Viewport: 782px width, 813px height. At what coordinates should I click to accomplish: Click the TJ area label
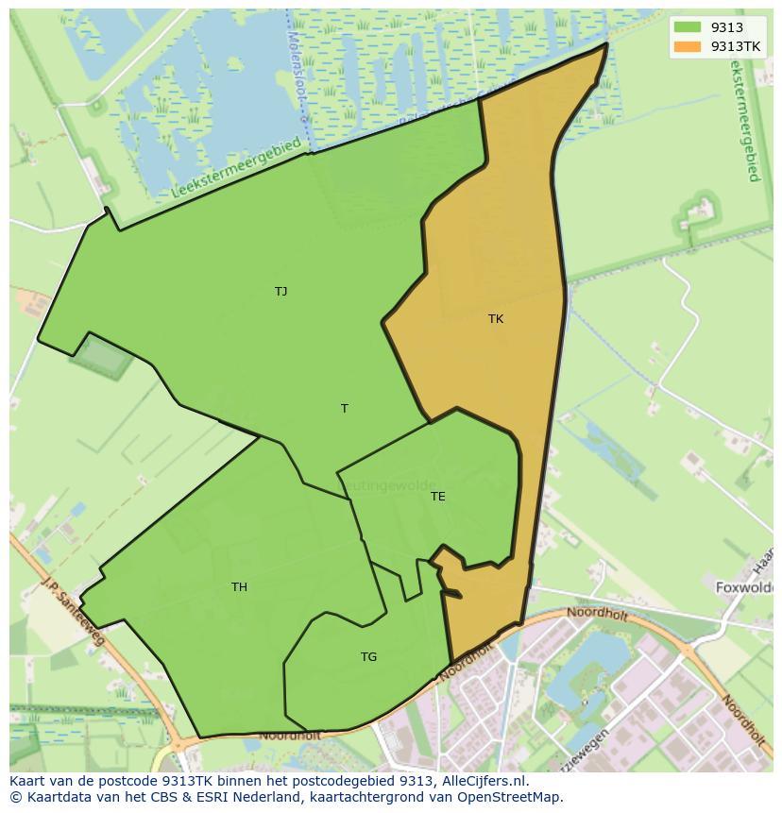280,292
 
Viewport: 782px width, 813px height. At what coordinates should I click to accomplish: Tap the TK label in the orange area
496,319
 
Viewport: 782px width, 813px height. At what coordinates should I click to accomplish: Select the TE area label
437,497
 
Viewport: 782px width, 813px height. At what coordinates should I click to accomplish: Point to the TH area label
239,587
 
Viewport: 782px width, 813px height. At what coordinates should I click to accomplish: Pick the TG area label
368,657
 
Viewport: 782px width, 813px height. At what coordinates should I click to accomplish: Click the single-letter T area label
345,409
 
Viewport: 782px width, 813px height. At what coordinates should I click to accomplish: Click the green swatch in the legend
688,27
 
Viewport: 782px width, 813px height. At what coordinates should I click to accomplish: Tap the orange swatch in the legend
688,46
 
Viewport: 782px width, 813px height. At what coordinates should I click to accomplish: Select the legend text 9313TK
736,46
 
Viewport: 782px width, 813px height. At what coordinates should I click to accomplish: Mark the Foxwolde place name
744,586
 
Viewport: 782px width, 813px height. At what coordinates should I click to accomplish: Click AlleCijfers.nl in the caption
484,781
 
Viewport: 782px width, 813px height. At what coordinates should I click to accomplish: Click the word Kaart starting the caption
28,781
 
